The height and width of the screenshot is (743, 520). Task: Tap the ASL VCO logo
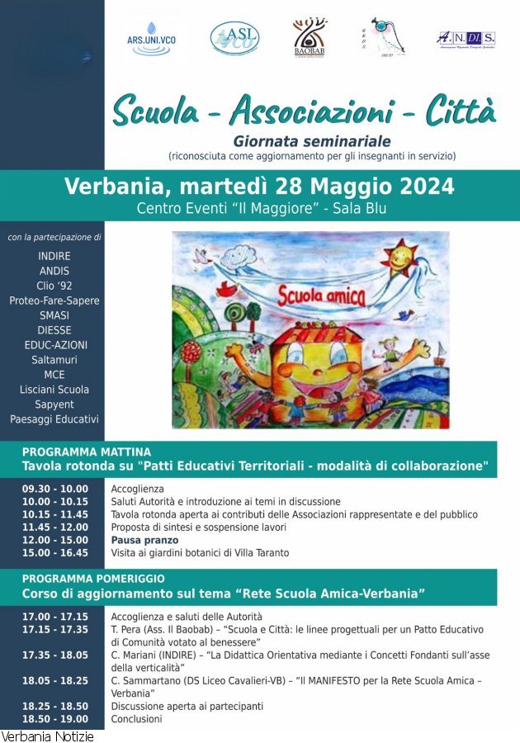pyautogui.click(x=234, y=37)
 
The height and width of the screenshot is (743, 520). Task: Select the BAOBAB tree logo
pyautogui.click(x=310, y=38)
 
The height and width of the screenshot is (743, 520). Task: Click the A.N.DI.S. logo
pyautogui.click(x=466, y=39)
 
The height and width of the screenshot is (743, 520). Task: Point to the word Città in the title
pyautogui.click(x=461, y=110)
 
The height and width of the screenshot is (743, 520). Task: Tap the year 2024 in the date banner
pyautogui.click(x=424, y=186)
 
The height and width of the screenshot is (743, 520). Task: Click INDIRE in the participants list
pyautogui.click(x=54, y=256)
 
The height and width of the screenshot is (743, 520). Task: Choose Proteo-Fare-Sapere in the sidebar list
pyautogui.click(x=54, y=301)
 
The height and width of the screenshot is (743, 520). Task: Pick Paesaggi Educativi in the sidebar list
pyautogui.click(x=54, y=419)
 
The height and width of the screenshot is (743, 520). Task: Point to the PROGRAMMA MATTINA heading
pyautogui.click(x=87, y=452)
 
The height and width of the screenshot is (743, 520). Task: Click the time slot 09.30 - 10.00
pyautogui.click(x=54, y=489)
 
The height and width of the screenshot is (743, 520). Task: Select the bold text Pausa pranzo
pyautogui.click(x=144, y=540)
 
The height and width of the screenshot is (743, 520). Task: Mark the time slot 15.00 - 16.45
pyautogui.click(x=54, y=552)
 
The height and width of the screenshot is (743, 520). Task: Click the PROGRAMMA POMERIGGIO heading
pyautogui.click(x=93, y=579)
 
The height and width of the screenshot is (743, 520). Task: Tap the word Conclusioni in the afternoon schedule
pyautogui.click(x=137, y=719)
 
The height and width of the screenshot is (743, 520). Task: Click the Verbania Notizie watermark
pyautogui.click(x=47, y=736)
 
